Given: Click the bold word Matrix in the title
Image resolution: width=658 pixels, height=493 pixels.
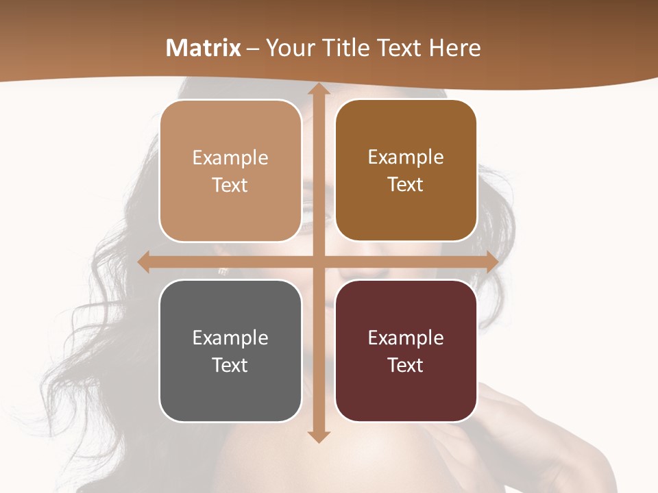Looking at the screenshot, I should click(x=204, y=48).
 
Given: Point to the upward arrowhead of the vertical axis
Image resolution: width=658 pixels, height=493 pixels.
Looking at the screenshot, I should click(x=317, y=90).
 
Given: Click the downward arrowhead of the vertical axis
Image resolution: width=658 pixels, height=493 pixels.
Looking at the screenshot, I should click(x=317, y=436).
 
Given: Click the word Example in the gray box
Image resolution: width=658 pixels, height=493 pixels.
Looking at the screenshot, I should click(x=230, y=338).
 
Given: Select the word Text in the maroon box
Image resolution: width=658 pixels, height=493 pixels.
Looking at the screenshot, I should click(x=406, y=365).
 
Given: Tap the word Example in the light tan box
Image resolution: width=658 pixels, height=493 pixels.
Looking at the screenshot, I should click(x=230, y=157).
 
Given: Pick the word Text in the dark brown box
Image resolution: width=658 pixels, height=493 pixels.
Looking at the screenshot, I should click(x=406, y=185).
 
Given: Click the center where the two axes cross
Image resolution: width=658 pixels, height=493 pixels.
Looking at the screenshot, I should click(x=317, y=262).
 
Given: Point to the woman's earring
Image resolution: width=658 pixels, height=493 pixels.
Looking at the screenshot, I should click(x=222, y=270).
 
